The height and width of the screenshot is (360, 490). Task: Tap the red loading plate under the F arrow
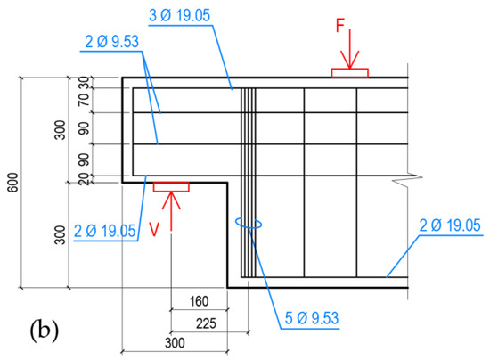coord(348,73)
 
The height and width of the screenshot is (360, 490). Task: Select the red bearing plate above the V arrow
coord(170,186)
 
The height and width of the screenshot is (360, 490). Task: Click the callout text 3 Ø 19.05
coord(184,14)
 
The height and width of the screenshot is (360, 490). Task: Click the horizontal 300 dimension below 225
coord(174,342)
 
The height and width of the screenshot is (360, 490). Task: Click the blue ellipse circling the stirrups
coord(247,224)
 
